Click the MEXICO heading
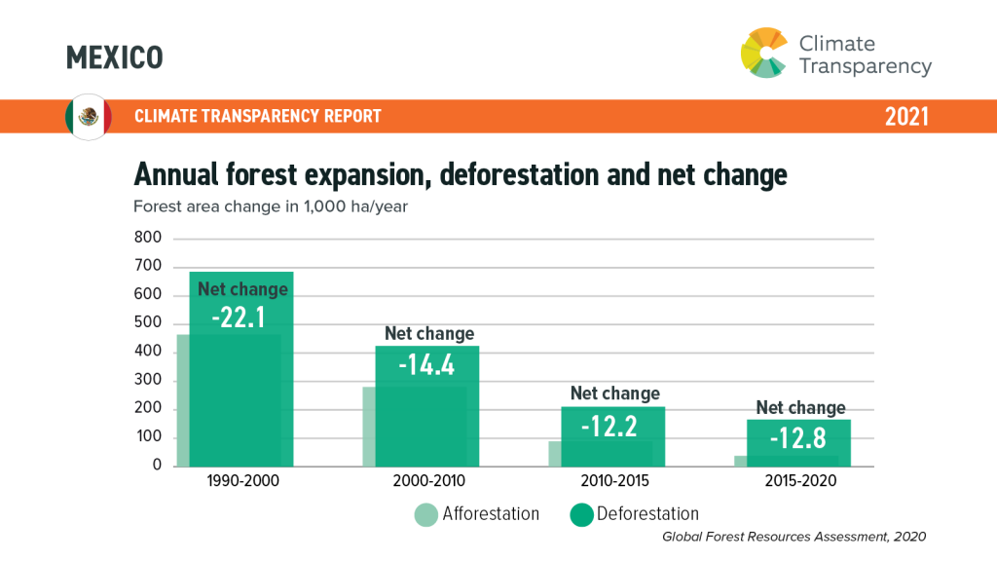tap(114, 57)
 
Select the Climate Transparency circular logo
tap(764, 53)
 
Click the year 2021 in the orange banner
tap(906, 117)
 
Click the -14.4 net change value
tap(428, 364)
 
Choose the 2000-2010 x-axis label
tap(428, 481)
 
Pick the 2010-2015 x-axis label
tap(614, 481)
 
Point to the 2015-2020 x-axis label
tap(800, 481)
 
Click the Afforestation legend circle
tap(425, 514)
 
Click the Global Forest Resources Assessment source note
tap(794, 537)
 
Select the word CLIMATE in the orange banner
tap(166, 117)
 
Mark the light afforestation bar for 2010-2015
tap(556, 454)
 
